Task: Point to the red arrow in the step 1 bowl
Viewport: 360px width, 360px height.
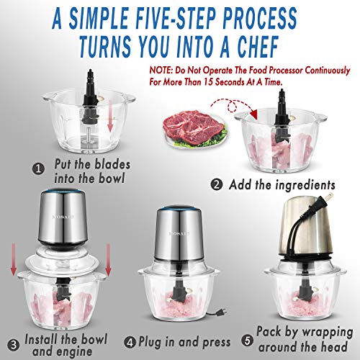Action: (x=109, y=118)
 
